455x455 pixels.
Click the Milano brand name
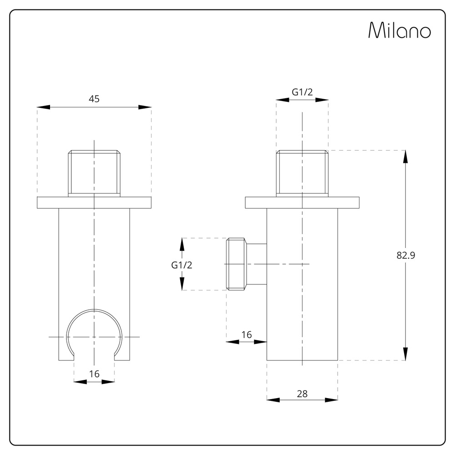399,31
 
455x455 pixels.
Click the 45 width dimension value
94,99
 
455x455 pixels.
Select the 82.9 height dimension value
406,255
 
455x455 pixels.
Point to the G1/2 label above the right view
302,91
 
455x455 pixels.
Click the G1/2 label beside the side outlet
182,265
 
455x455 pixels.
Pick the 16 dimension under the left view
94,374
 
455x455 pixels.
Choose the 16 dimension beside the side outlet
246,334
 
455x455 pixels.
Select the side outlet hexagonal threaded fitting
237,264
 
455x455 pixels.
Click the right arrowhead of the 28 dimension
331,400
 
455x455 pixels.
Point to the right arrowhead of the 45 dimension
145,107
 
